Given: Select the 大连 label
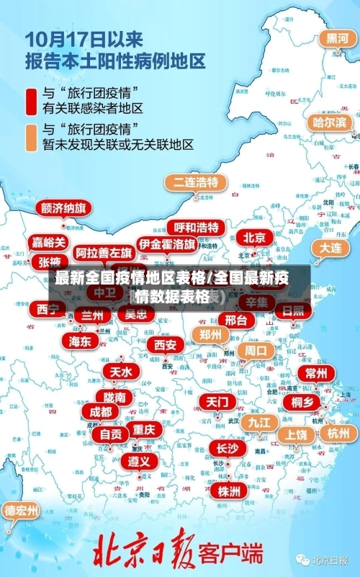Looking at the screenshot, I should [330, 246].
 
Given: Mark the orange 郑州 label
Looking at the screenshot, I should [211, 334].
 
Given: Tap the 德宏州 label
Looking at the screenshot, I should [22, 511].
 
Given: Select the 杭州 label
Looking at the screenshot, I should [338, 433].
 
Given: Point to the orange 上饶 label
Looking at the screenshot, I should [295, 434].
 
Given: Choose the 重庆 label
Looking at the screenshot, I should [143, 429].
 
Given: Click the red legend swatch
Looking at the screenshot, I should [32, 100].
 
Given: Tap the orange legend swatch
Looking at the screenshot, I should [32, 137].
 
